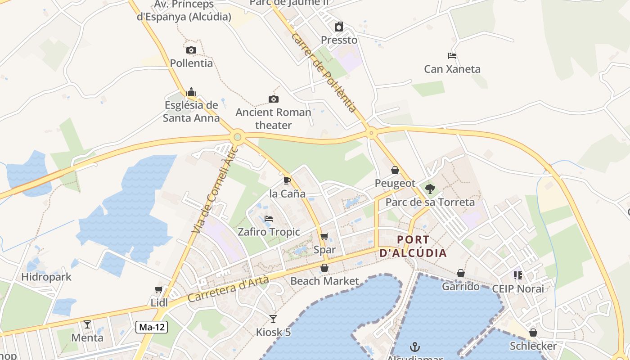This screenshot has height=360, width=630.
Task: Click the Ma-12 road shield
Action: [152, 328]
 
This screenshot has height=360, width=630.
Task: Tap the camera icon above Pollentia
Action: [191, 50]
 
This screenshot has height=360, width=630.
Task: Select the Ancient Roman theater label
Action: [274, 119]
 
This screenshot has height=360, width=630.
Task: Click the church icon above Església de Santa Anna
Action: [191, 92]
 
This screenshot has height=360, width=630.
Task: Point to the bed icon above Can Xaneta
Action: [452, 56]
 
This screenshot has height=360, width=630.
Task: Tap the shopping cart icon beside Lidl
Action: [158, 289]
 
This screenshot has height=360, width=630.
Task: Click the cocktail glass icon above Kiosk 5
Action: [273, 319]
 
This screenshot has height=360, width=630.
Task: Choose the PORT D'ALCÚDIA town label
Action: [414, 246]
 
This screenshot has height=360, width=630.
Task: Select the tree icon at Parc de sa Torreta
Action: [430, 189]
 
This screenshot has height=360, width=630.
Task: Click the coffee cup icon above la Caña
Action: [287, 181]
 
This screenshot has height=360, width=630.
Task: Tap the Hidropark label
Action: [46, 276]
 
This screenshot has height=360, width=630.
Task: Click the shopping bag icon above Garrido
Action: [461, 273]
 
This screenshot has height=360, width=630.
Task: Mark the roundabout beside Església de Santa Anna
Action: [238, 137]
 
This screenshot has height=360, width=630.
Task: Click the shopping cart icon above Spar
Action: [324, 236]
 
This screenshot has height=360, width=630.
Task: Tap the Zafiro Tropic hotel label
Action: [269, 232]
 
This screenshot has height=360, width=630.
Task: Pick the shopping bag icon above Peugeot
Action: [395, 170]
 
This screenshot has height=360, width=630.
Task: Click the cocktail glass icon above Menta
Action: [87, 324]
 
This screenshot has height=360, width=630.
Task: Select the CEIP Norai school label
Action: [518, 288]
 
